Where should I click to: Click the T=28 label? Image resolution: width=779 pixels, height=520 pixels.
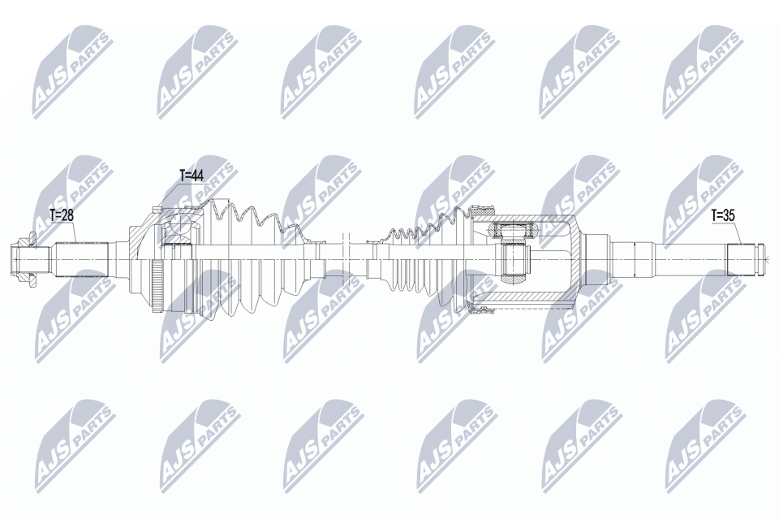click(x=62, y=214)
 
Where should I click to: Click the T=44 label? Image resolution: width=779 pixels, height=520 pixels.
click(x=192, y=175)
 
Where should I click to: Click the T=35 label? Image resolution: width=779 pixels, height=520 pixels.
click(x=724, y=215)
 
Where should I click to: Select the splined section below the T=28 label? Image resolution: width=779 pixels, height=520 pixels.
click(x=82, y=260)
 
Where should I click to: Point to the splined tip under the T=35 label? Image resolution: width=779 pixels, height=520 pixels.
click(x=745, y=260)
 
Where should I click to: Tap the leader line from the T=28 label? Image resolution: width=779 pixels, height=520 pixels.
click(x=74, y=232)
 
